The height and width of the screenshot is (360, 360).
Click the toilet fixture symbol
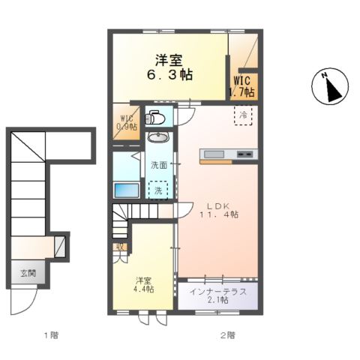click(x=155, y=117)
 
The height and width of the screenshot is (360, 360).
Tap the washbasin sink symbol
click(x=158, y=137)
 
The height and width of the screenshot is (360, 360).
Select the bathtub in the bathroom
click(x=127, y=190)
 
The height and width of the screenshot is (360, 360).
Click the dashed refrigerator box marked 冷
click(x=243, y=115)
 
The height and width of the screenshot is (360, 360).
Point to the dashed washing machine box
click(x=158, y=190)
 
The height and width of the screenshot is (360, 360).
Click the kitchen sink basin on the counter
click(x=214, y=154)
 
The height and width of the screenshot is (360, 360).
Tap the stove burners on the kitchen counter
click(x=244, y=154)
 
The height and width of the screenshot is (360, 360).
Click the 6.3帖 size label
click(x=169, y=74)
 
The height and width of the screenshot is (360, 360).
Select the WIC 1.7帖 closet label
click(x=242, y=86)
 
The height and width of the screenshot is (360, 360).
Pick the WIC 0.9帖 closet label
click(x=127, y=122)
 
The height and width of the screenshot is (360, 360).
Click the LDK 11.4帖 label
click(x=219, y=210)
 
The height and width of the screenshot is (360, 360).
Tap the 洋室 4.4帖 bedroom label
click(x=143, y=285)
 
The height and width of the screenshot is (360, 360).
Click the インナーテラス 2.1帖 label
click(x=218, y=295)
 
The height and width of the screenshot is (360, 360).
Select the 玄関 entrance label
click(x=28, y=273)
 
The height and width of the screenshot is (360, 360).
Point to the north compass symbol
click(x=330, y=85)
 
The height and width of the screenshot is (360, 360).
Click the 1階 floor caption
click(x=52, y=335)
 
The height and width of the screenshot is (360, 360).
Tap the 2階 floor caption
click(x=227, y=335)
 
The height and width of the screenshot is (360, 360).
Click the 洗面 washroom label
click(x=159, y=165)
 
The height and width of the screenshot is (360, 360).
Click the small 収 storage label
click(x=120, y=247)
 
